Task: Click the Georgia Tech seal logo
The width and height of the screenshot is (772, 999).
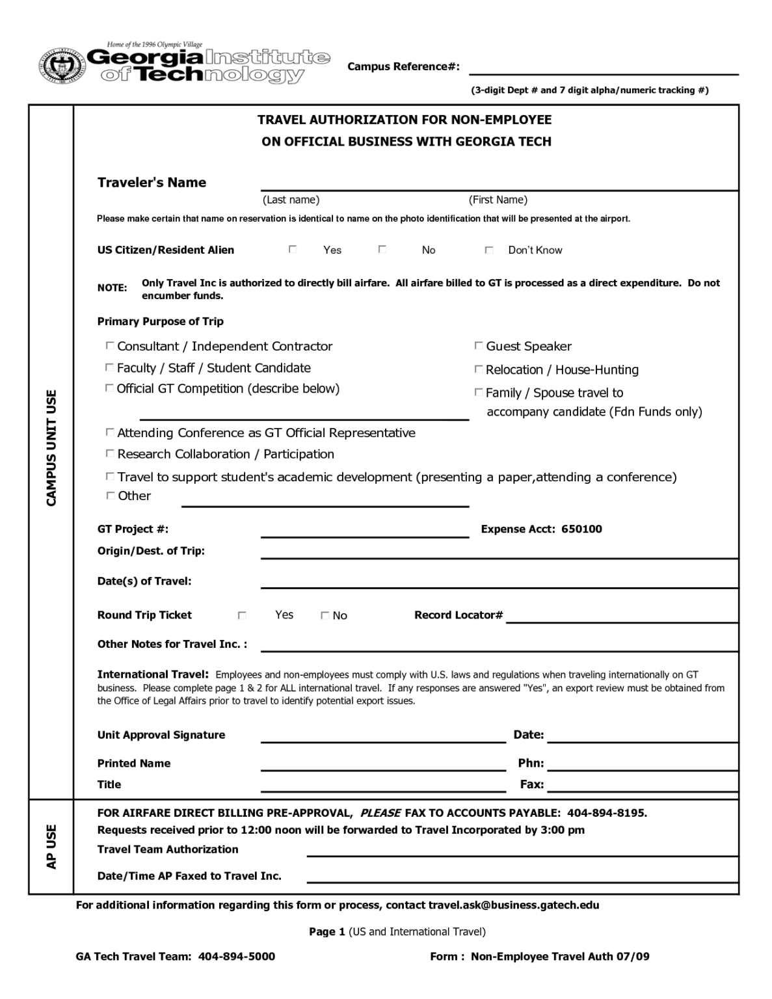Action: [62, 65]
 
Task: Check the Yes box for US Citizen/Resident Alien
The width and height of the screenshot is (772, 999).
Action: [293, 249]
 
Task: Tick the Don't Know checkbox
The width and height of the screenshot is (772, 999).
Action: [488, 250]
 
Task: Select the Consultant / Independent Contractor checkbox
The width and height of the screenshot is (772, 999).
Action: [109, 345]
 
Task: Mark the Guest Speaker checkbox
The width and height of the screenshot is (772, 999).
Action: [478, 345]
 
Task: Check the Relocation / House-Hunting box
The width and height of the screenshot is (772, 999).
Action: [478, 369]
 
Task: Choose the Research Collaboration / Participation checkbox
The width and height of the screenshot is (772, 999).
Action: [109, 453]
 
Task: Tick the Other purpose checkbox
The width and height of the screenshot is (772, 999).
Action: [109, 495]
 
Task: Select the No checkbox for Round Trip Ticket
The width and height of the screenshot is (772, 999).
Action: [325, 615]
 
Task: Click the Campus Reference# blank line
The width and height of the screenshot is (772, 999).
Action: [603, 68]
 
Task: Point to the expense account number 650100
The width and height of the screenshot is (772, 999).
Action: [581, 529]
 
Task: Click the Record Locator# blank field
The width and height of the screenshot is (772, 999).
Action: [621, 617]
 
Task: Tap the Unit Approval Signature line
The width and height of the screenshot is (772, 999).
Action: [382, 736]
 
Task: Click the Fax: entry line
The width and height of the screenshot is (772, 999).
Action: [642, 786]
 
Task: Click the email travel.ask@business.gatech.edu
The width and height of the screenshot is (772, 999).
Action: [513, 905]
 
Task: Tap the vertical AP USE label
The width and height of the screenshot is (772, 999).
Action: [51, 846]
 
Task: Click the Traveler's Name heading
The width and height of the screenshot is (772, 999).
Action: [152, 182]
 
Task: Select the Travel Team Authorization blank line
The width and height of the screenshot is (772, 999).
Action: [522, 850]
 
